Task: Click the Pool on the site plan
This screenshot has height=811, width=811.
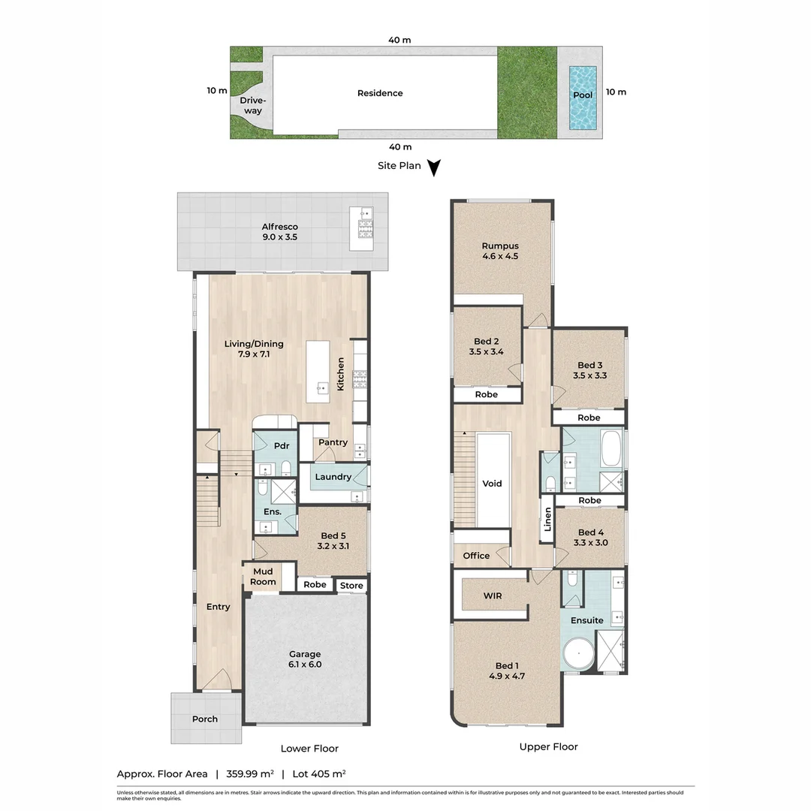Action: [583, 96]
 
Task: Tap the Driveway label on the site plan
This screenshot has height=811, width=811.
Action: [252, 106]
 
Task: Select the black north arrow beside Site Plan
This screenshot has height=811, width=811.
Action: [433, 167]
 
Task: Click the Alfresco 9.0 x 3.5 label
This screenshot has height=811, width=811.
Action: [279, 232]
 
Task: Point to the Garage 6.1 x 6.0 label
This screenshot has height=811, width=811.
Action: [305, 659]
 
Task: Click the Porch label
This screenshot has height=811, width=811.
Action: [204, 719]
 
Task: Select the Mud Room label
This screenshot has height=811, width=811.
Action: [262, 577]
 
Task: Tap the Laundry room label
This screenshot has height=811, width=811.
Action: [333, 477]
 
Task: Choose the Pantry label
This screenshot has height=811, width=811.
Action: [333, 442]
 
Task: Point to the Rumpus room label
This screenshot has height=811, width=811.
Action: [500, 251]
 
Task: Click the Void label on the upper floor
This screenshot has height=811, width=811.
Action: [492, 484]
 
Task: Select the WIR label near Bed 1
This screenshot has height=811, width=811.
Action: [493, 595]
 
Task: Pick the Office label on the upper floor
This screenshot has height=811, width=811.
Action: [476, 556]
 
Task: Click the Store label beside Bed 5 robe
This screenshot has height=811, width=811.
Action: [351, 586]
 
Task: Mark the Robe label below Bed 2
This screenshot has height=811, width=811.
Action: [486, 394]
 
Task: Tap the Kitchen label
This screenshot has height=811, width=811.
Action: [340, 373]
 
